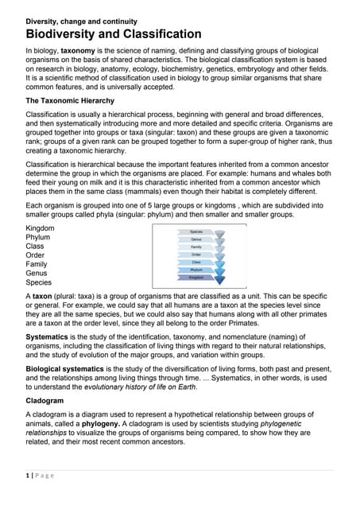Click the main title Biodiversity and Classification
point(114,34)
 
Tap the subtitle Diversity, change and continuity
point(82,21)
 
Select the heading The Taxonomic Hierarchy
point(76,101)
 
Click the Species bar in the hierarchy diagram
point(195,231)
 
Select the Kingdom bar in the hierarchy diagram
point(195,278)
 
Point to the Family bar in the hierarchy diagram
point(195,247)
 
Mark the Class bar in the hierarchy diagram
point(195,262)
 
